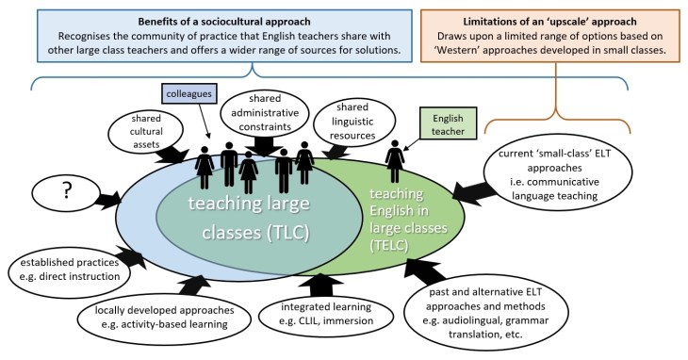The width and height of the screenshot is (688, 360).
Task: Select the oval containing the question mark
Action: (69, 191)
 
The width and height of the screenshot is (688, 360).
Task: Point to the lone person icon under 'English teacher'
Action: (394, 163)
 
